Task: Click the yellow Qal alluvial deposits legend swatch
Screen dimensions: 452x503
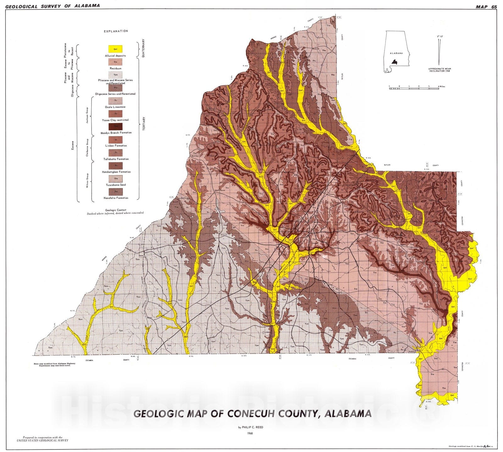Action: click(115, 49)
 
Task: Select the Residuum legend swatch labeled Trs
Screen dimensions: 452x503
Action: click(115, 62)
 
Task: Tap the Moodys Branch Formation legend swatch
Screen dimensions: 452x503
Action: click(115, 126)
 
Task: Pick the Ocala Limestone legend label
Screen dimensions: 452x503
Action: click(115, 107)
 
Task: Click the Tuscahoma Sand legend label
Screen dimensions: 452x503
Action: click(115, 185)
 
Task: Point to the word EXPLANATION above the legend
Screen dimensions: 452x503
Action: click(116, 31)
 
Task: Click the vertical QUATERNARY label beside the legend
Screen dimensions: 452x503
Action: click(144, 48)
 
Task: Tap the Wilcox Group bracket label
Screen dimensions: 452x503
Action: click(87, 181)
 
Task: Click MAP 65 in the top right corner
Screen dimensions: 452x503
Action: click(486, 7)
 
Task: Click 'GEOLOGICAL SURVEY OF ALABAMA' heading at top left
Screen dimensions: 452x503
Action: click(53, 6)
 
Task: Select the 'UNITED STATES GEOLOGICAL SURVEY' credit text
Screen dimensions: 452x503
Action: click(42, 440)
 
